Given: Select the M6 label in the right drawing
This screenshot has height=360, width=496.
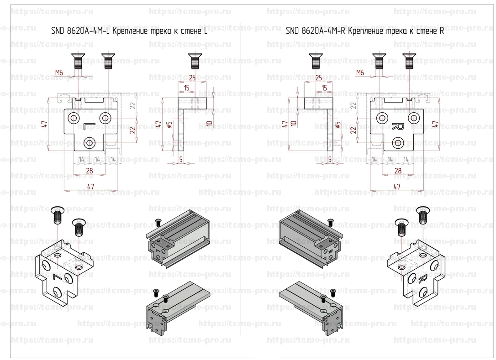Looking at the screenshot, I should [360, 73].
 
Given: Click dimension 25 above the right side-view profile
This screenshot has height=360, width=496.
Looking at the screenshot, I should [319, 77].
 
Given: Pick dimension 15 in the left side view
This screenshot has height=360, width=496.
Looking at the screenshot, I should [187, 88].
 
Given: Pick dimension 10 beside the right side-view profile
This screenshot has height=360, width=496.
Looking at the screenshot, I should [295, 122].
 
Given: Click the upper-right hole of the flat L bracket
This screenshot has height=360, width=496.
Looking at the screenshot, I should [106, 118].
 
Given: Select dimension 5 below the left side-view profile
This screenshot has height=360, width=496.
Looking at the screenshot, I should [181, 159].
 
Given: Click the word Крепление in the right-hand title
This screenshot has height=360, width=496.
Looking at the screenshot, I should [366, 31].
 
